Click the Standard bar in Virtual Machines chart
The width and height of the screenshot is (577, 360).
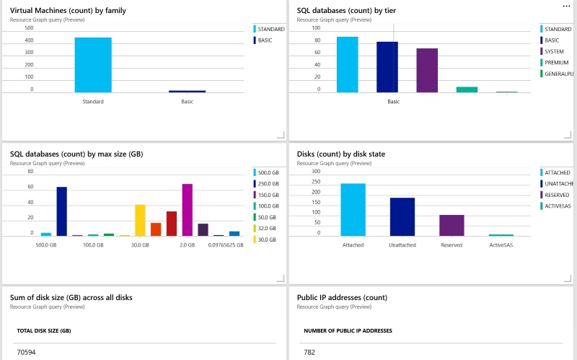coord(93,65)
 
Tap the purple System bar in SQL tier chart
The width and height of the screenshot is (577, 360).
coord(427,71)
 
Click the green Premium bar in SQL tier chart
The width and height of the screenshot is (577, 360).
coord(467,89)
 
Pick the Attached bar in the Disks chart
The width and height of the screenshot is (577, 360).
coord(353,209)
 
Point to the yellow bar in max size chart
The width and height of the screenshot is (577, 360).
coord(140,220)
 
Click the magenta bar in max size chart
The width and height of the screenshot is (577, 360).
coord(188,210)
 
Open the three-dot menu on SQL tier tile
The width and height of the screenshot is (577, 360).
coord(566,6)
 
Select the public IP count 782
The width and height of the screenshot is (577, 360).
coord(310,352)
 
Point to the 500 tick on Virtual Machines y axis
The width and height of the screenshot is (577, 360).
coord(29,28)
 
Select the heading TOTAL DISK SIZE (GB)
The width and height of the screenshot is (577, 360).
coord(43,330)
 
